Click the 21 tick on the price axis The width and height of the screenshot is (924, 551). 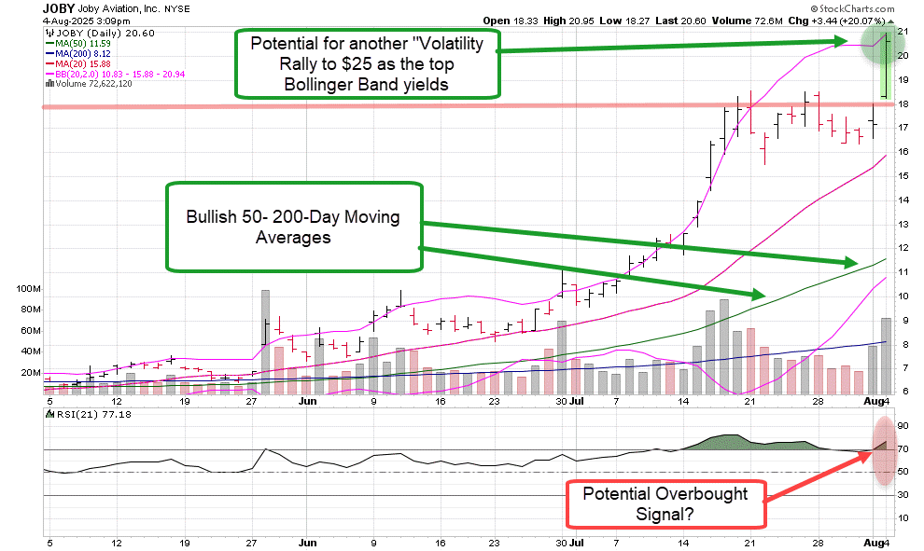(x=903, y=32)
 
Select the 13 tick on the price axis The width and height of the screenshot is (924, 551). (x=903, y=225)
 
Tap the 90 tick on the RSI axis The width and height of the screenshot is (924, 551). (x=903, y=426)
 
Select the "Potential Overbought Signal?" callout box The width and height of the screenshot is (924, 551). (x=665, y=503)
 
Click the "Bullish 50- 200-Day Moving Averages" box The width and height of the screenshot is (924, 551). (x=293, y=227)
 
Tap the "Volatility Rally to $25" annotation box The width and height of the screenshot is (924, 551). (x=367, y=62)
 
